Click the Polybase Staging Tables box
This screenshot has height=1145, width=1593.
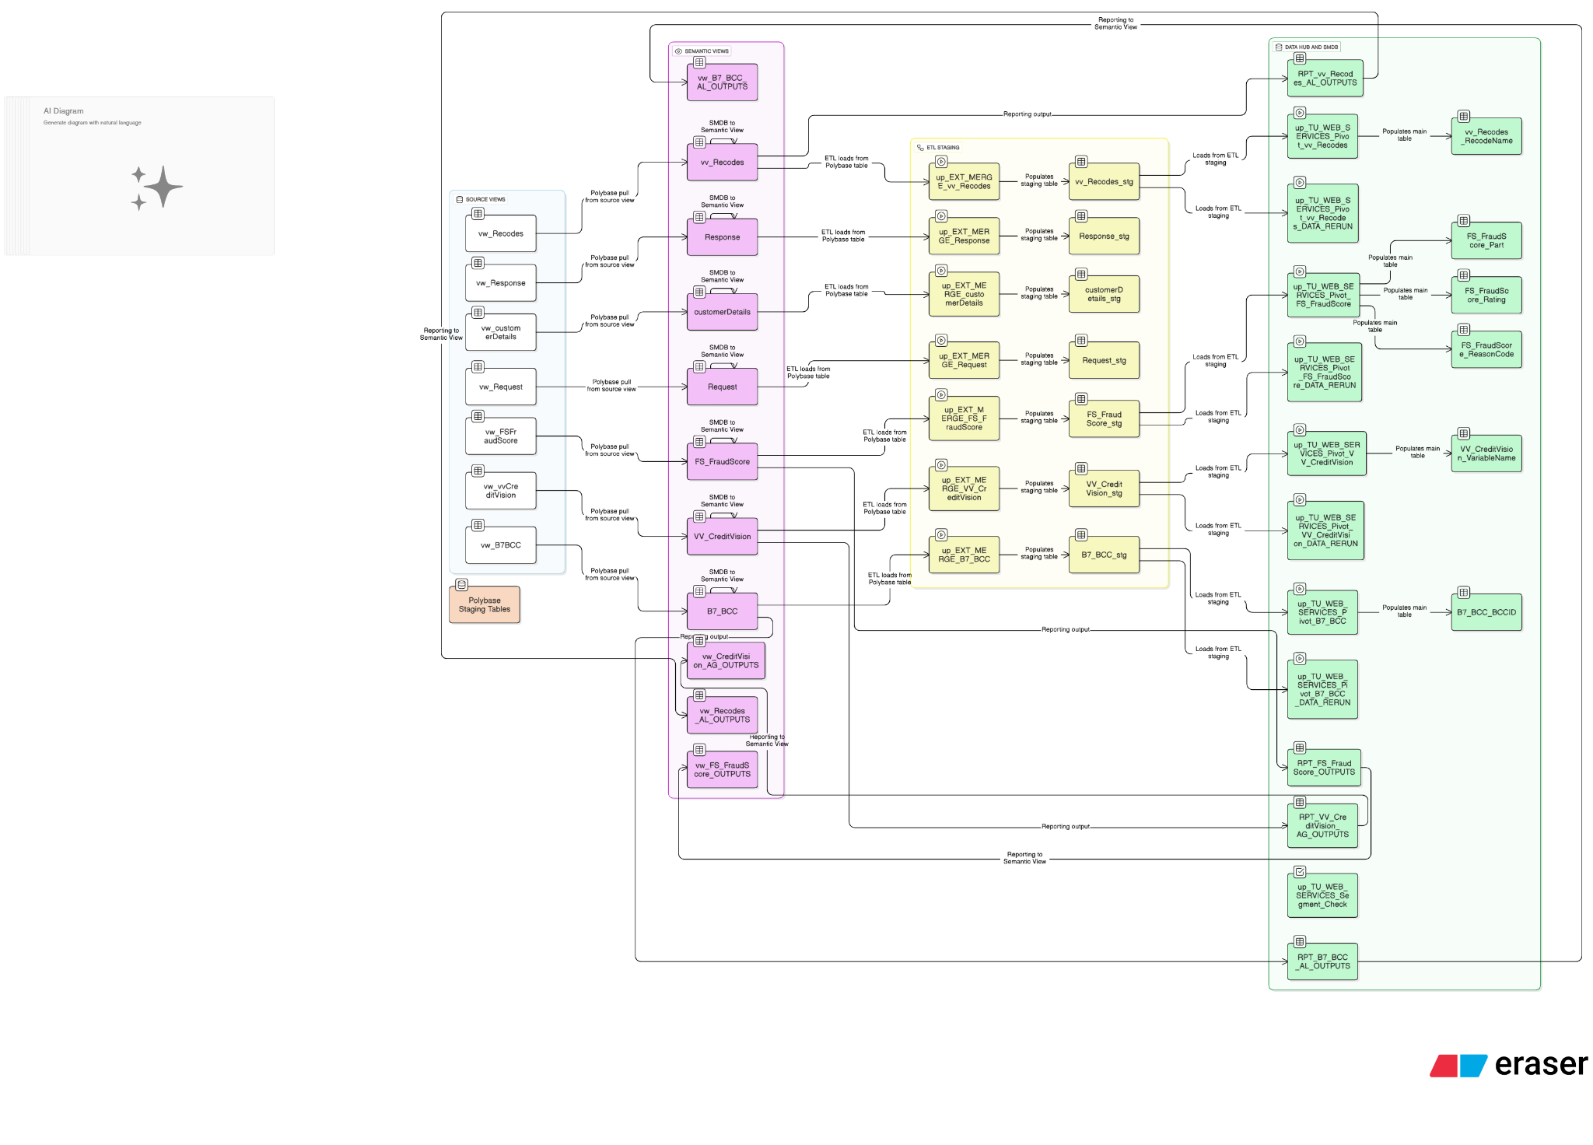(484, 605)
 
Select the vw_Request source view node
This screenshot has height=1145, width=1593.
(500, 387)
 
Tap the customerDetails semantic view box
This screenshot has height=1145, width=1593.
(721, 312)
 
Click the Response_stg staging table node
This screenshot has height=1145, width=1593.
(1103, 236)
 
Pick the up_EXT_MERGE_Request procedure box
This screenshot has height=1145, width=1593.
(963, 360)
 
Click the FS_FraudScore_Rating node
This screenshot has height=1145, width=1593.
(1485, 296)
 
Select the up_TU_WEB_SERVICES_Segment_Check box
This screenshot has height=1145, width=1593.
(1322, 895)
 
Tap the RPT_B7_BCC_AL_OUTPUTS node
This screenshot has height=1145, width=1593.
(1322, 962)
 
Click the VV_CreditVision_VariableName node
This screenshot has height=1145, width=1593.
(1485, 453)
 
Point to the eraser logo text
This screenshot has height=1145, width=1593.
(1540, 1064)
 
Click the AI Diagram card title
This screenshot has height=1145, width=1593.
(63, 111)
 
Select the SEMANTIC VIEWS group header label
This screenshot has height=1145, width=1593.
(705, 51)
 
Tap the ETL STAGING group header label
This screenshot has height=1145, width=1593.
(942, 147)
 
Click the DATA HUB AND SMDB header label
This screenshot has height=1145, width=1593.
(1311, 47)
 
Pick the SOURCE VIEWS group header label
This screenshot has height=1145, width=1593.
(485, 199)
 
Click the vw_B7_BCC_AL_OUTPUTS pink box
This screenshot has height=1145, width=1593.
(721, 82)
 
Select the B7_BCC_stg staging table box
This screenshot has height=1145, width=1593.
(1103, 555)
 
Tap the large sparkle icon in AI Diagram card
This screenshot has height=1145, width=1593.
(163, 187)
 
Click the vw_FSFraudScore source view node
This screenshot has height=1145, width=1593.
(500, 436)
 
